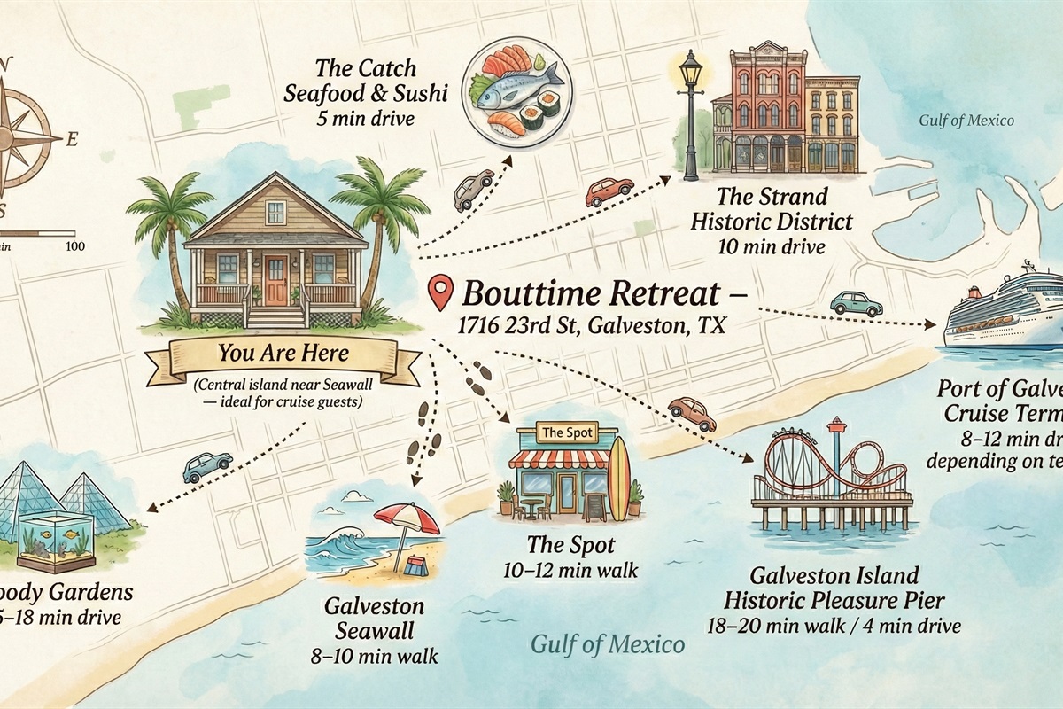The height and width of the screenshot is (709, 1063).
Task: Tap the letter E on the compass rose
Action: click(x=72, y=138)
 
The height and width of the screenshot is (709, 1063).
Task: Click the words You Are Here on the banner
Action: click(x=283, y=354)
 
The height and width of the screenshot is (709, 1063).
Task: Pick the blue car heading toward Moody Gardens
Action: click(x=207, y=465)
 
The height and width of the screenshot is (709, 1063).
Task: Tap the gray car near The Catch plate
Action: click(x=473, y=189)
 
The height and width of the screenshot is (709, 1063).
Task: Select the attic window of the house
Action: click(x=275, y=212)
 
